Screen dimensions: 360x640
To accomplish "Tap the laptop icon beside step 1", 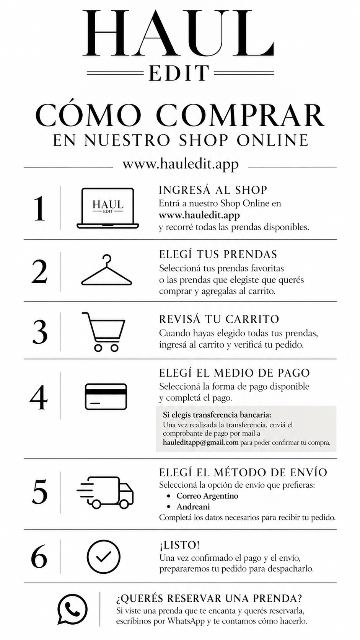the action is click(x=108, y=208).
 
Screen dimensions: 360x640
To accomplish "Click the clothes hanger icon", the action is click(x=106, y=270).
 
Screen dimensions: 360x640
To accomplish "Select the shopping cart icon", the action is click(x=103, y=332).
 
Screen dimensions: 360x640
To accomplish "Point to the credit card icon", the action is click(x=106, y=397).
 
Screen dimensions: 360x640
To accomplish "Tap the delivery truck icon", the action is click(x=105, y=493).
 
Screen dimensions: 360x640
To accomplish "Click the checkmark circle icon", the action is click(x=103, y=557).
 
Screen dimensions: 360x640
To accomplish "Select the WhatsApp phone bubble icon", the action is click(x=72, y=609).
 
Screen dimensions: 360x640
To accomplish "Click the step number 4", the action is click(x=39, y=397).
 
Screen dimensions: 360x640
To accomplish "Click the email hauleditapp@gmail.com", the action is click(x=200, y=442).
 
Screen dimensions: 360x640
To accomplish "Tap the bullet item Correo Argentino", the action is click(x=207, y=496).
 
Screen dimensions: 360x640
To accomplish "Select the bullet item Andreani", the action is click(x=193, y=506).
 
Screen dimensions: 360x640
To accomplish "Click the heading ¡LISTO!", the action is click(x=179, y=545).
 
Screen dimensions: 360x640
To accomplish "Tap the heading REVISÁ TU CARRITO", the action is click(x=219, y=319).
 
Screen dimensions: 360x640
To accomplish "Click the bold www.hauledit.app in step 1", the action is click(x=199, y=215).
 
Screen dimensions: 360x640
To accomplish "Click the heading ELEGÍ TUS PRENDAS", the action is click(x=218, y=254).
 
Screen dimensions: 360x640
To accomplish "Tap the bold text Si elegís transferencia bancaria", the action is click(x=217, y=414).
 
